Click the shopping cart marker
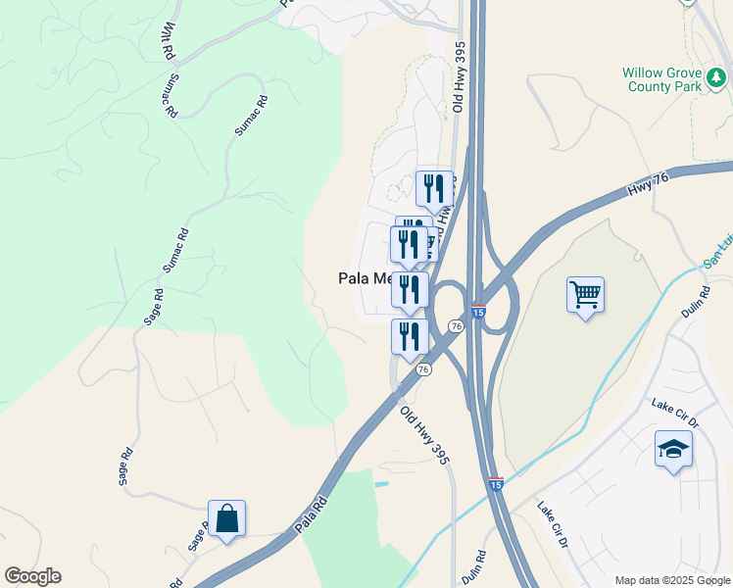[x=585, y=293]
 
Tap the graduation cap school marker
[x=673, y=449]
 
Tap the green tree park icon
[x=718, y=75]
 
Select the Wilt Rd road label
[x=169, y=39]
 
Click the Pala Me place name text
[x=364, y=278]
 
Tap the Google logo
[x=32, y=576]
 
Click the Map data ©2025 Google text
[x=671, y=580]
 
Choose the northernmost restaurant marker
[x=433, y=187]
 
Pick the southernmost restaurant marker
[x=409, y=336]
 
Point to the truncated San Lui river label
[x=717, y=262]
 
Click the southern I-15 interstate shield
[x=497, y=484]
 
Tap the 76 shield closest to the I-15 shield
[x=456, y=325]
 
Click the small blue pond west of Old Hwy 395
[x=381, y=483]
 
